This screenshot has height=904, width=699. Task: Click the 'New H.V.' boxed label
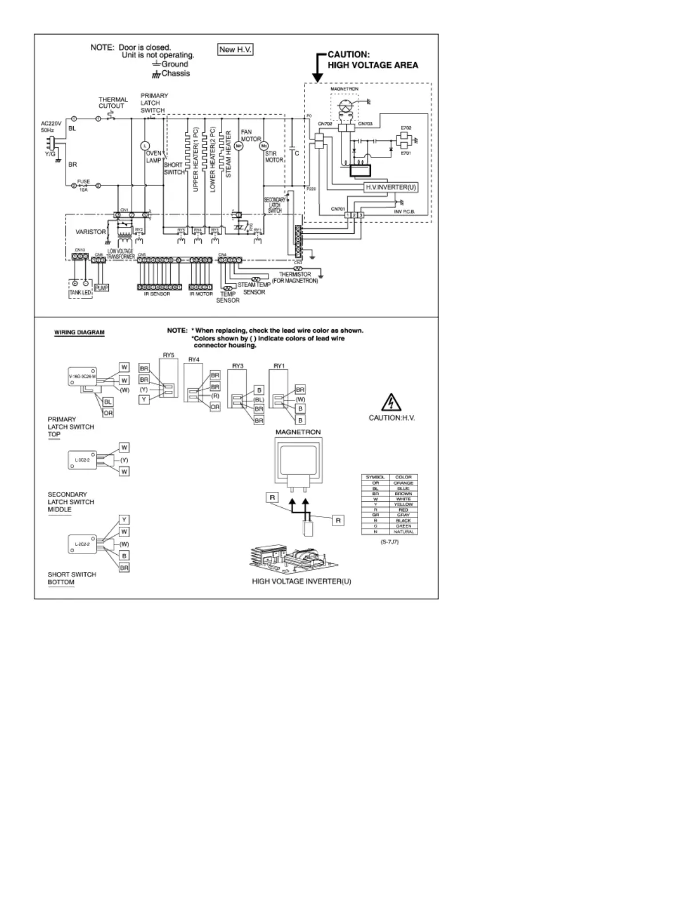(236, 50)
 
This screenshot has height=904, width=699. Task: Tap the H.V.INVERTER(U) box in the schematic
(391, 187)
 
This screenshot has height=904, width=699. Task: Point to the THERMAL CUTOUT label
(113, 103)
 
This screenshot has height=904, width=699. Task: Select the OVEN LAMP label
(154, 157)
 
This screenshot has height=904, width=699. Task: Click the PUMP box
(102, 288)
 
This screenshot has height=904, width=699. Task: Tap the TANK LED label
(80, 293)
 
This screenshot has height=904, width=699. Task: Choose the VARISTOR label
(91, 232)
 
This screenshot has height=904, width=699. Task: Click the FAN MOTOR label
(250, 135)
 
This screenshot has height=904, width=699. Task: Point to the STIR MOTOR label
(274, 157)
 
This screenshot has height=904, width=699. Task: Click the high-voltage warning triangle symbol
(391, 403)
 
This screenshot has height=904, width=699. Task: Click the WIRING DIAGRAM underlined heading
(79, 332)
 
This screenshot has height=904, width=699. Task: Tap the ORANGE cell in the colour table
(403, 483)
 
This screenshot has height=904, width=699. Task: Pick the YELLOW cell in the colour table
(403, 505)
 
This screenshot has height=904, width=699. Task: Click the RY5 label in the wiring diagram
(168, 355)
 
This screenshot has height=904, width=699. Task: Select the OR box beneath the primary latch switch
(108, 413)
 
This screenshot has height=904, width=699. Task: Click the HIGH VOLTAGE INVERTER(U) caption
(302, 582)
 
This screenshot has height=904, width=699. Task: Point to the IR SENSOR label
(156, 294)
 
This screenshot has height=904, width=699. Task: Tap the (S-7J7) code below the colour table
(389, 542)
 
